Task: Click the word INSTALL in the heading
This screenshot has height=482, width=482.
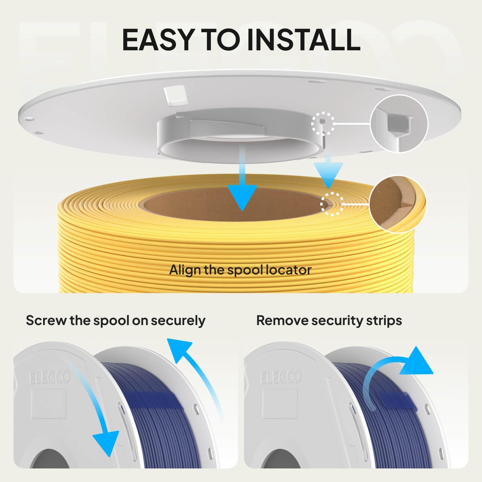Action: (x=303, y=39)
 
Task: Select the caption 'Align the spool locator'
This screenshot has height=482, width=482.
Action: (x=240, y=270)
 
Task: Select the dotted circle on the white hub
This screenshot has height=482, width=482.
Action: (x=323, y=124)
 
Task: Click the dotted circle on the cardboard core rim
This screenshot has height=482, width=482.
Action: (x=332, y=204)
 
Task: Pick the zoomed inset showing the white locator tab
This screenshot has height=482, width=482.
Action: (x=399, y=124)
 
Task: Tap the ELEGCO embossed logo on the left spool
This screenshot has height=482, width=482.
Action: (x=50, y=377)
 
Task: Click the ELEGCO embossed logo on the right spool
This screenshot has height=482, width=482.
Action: (x=281, y=377)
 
